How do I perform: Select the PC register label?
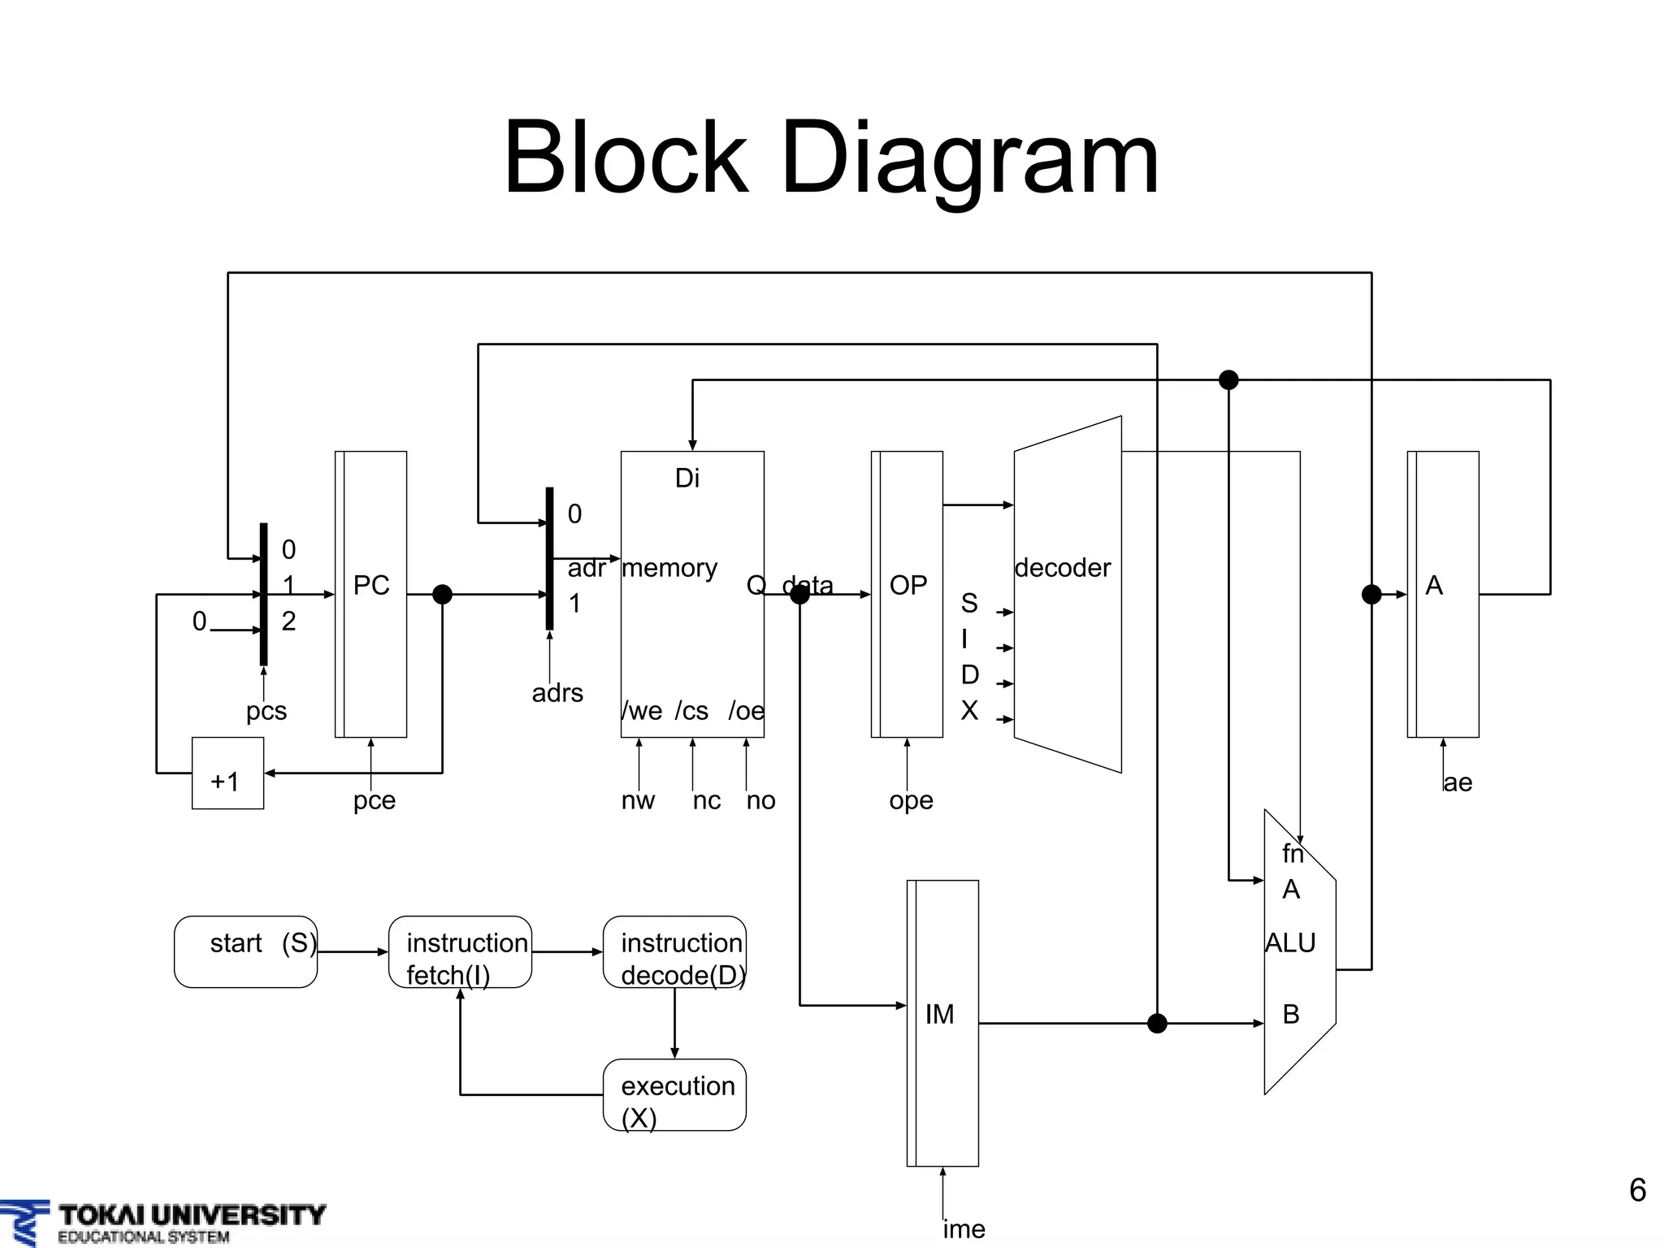pyautogui.click(x=371, y=585)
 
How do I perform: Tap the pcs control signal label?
pyautogui.click(x=266, y=710)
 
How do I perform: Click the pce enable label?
pyautogui.click(x=374, y=800)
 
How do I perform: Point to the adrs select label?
pyautogui.click(x=557, y=693)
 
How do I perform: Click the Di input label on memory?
pyautogui.click(x=687, y=478)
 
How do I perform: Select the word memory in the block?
pyautogui.click(x=669, y=567)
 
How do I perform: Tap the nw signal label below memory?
pyautogui.click(x=638, y=800)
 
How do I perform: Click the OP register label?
pyautogui.click(x=908, y=585)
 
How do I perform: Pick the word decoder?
pyautogui.click(x=1063, y=567)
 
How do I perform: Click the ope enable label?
pyautogui.click(x=911, y=800)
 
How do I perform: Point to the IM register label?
pyautogui.click(x=940, y=1014)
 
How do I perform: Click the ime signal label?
pyautogui.click(x=964, y=1229)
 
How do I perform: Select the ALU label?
pyautogui.click(x=1290, y=942)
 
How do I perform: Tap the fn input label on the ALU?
pyautogui.click(x=1293, y=853)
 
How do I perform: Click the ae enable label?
pyautogui.click(x=1458, y=782)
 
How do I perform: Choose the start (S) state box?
pyautogui.click(x=245, y=951)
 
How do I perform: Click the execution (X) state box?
pyautogui.click(x=674, y=1094)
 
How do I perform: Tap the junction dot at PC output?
pyautogui.click(x=442, y=595)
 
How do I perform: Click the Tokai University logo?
pyautogui.click(x=162, y=1222)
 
